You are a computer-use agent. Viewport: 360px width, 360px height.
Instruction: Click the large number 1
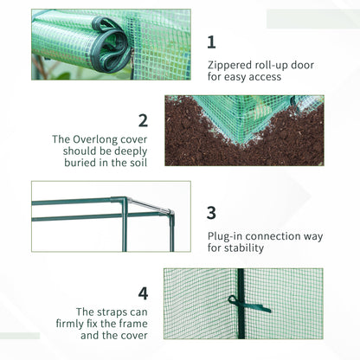(x=212, y=41)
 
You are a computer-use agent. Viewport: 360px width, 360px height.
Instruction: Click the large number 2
(x=143, y=120)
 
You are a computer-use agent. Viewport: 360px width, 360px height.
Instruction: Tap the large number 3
(x=212, y=213)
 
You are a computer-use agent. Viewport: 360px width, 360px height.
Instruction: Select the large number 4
(x=142, y=293)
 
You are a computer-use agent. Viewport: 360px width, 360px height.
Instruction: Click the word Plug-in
(x=229, y=235)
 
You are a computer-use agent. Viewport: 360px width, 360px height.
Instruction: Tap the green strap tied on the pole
(x=246, y=305)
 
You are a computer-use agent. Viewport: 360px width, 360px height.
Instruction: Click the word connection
(x=278, y=235)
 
